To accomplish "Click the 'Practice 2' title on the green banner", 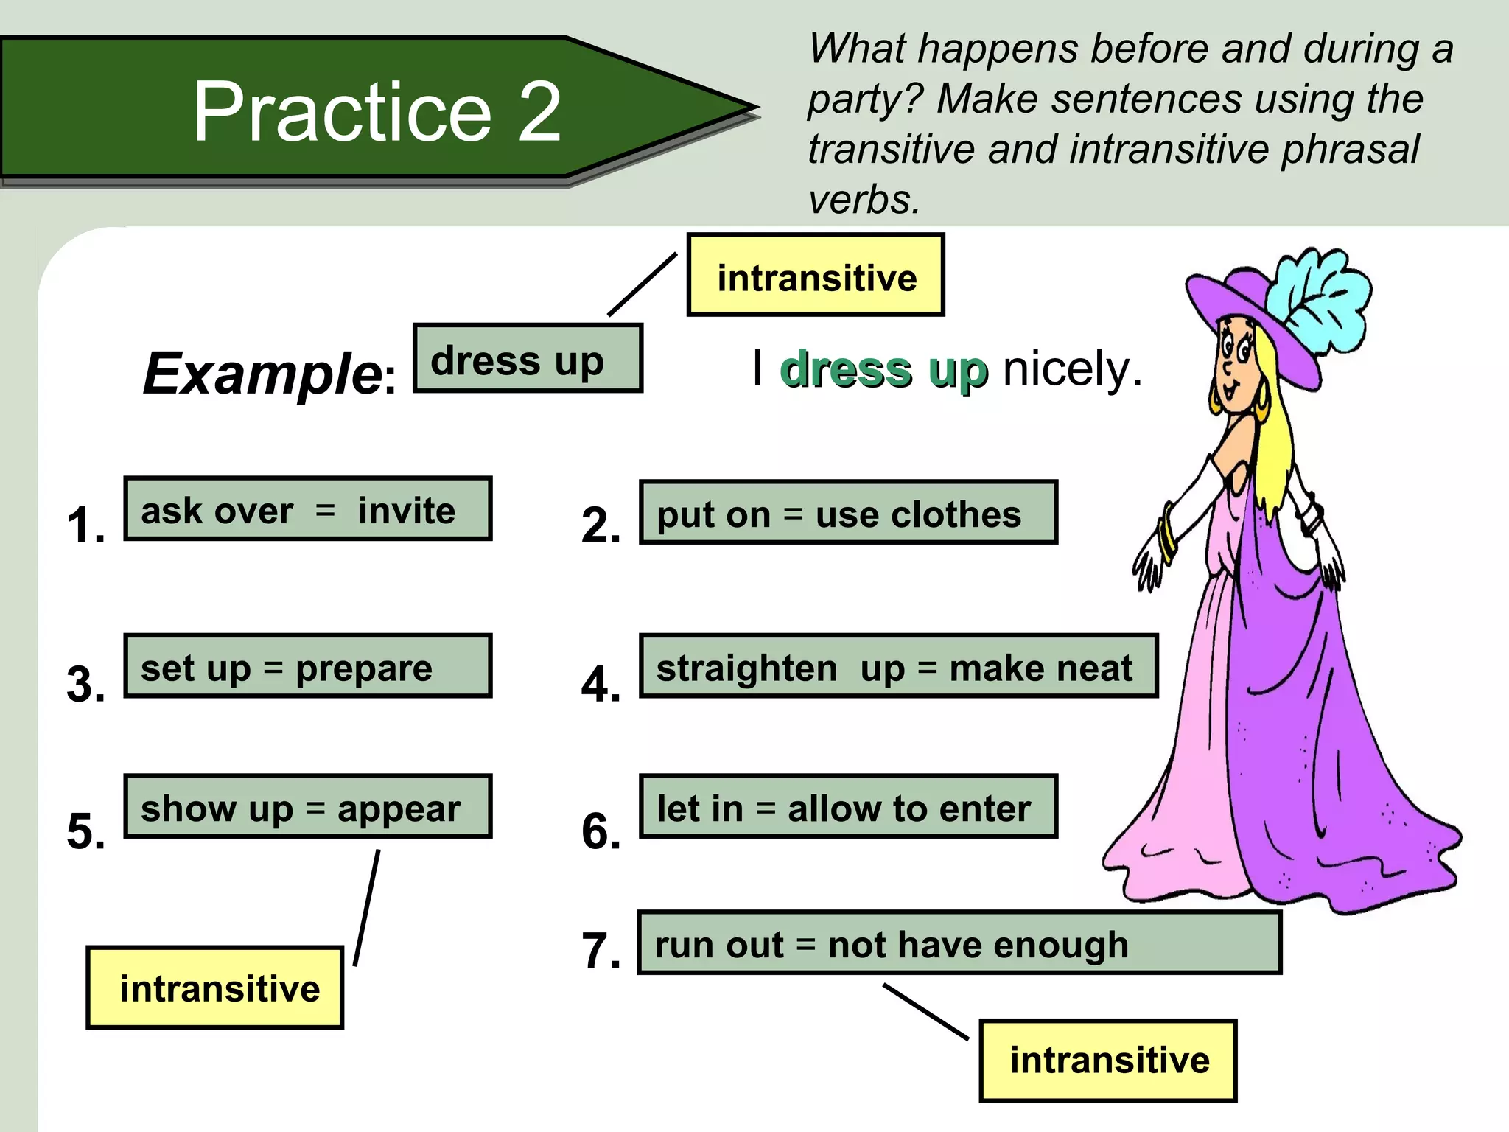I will [377, 111].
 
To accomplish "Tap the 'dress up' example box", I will [527, 358].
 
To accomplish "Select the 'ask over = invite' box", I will [307, 509].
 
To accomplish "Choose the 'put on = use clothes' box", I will [847, 513].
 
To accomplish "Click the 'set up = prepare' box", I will [307, 666].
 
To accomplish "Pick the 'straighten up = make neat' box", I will [897, 666].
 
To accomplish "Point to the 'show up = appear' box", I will [307, 806].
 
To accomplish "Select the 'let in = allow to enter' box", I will [847, 806].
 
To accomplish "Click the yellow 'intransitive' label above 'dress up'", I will [816, 276].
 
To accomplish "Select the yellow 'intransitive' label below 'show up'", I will [215, 988].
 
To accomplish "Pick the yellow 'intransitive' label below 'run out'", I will [1107, 1061].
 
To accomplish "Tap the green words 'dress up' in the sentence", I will [883, 370].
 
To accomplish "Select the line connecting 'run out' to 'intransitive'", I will [925, 1012].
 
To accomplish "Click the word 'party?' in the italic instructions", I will [864, 99].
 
